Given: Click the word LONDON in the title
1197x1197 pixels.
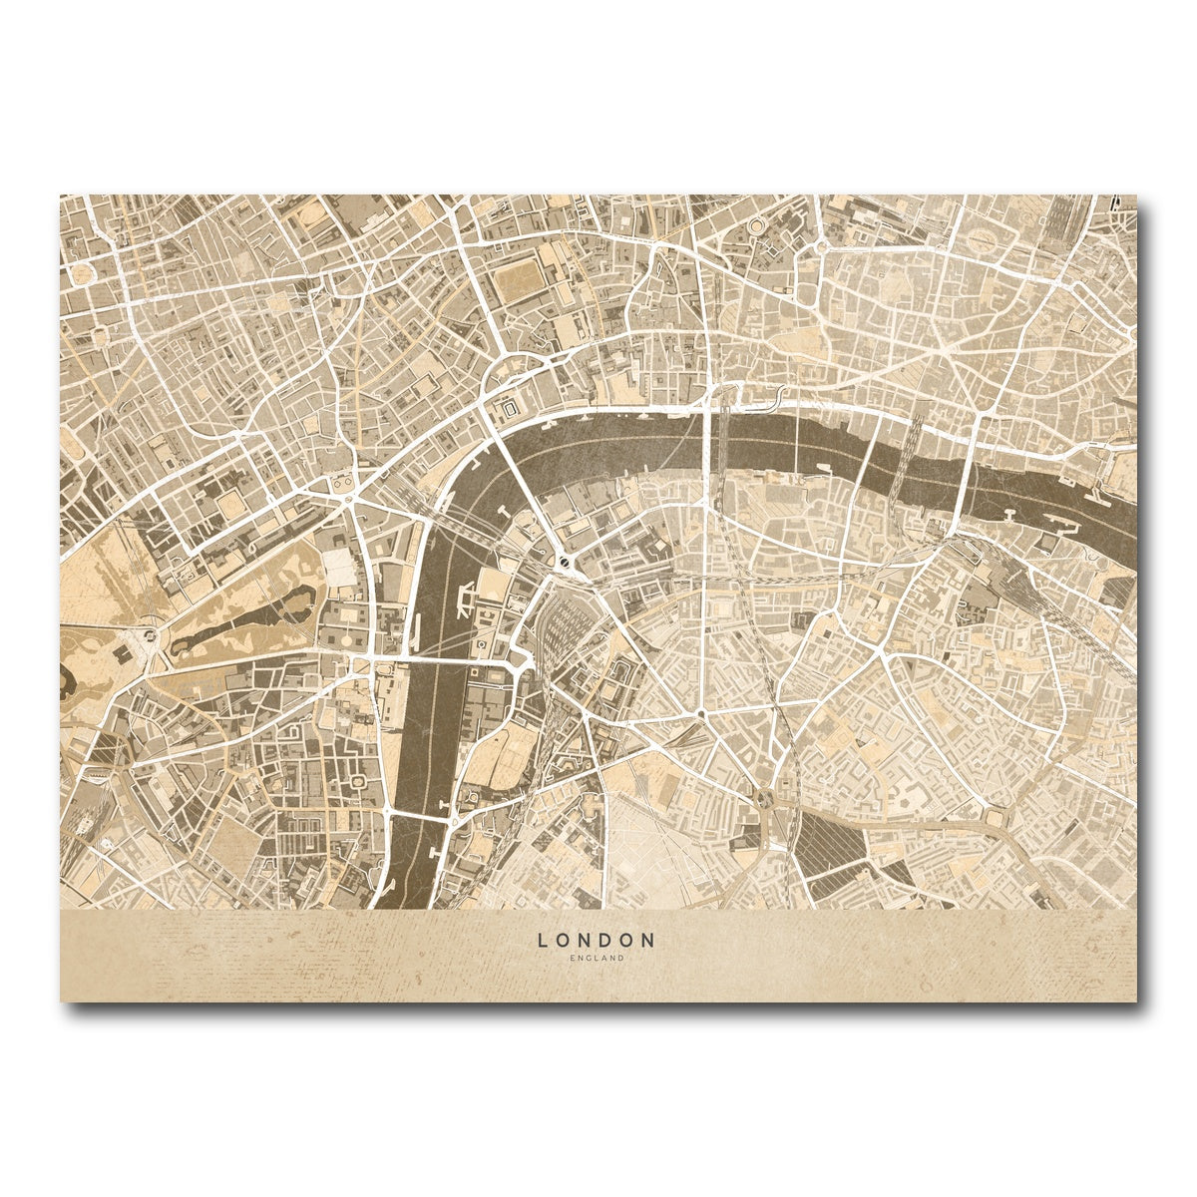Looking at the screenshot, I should pos(597,941).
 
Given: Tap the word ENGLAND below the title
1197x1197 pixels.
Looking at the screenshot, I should pos(597,959).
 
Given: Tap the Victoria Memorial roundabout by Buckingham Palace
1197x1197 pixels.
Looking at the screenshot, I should pos(150,633).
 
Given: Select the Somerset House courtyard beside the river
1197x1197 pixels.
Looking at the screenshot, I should pos(512,409).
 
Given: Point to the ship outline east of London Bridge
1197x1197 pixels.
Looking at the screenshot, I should pos(1009,514).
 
